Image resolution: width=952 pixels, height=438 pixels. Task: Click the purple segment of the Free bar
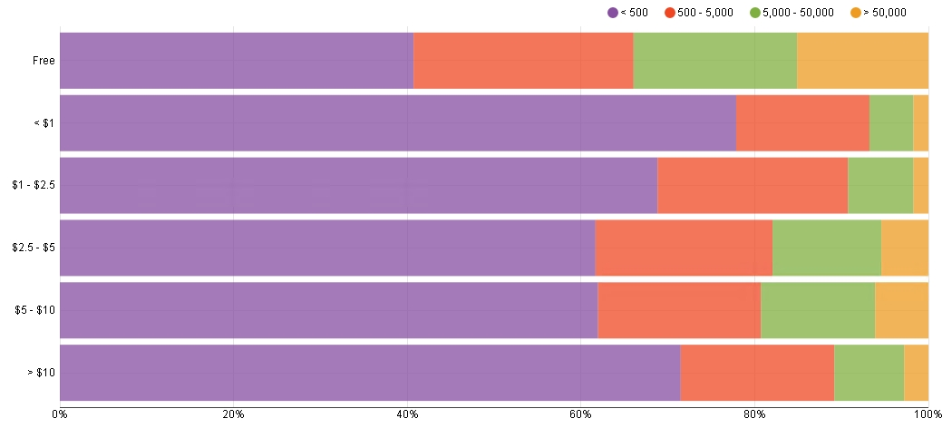click(x=236, y=61)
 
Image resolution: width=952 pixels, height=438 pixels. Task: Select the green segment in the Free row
click(x=714, y=61)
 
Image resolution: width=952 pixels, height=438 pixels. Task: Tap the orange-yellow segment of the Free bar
click(x=862, y=61)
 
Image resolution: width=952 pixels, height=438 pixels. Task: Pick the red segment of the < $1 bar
click(x=802, y=122)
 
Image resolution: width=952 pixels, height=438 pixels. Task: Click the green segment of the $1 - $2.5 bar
click(x=879, y=185)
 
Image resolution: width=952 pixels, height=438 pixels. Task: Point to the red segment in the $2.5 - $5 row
click(x=684, y=248)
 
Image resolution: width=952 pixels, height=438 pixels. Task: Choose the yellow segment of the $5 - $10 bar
click(x=901, y=310)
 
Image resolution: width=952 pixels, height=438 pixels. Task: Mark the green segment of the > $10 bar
click(x=869, y=373)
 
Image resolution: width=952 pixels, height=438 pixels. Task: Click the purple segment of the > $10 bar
click(x=370, y=373)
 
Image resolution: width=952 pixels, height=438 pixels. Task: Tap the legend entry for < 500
click(x=628, y=13)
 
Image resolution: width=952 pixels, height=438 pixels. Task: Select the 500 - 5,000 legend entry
click(x=699, y=13)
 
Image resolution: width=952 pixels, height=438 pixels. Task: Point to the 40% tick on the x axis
click(x=407, y=414)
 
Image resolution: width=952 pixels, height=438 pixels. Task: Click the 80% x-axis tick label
click(x=754, y=414)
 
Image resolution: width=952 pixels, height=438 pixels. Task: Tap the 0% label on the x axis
click(x=60, y=414)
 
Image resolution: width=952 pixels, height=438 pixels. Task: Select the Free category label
click(x=44, y=61)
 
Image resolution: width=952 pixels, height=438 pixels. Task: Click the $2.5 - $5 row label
click(x=34, y=248)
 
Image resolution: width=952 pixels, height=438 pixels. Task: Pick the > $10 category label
click(x=41, y=373)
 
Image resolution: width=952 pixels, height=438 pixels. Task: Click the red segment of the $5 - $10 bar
click(x=679, y=310)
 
